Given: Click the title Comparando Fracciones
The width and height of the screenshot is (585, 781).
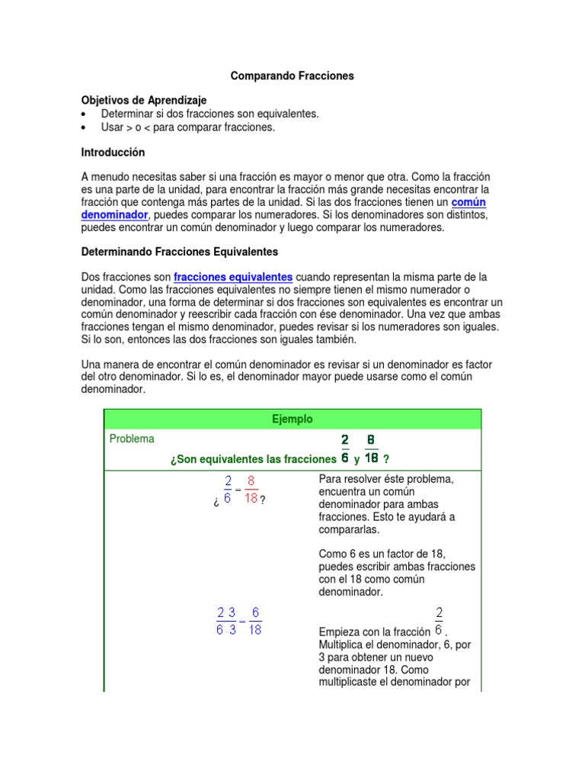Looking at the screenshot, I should coord(292,76).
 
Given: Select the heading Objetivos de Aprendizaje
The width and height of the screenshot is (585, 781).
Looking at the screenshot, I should coord(144,101).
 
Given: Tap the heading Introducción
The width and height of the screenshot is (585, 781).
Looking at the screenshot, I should coord(113,153).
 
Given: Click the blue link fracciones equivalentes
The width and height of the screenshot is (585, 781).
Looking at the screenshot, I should coord(233,276).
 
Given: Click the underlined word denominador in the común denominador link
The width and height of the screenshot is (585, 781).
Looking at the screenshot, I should coord(113,215).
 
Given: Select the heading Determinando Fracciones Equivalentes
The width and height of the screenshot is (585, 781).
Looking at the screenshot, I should coord(180,251).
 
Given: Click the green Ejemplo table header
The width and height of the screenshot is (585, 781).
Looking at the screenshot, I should coord(292,419).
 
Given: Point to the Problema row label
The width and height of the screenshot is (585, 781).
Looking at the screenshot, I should coord(132,439).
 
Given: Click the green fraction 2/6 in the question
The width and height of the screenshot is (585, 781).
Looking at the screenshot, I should coord(345,449).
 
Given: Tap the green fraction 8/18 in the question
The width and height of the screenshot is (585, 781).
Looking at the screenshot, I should coord(371,449).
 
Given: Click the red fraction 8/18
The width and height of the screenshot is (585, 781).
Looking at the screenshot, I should coord(251,490).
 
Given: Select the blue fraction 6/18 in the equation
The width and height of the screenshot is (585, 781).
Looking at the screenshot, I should coord(255,621).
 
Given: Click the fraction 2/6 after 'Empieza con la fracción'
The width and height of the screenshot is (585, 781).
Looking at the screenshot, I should coord(439,621).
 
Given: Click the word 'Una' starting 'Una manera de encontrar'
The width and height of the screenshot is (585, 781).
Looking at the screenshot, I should coord(91,365).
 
